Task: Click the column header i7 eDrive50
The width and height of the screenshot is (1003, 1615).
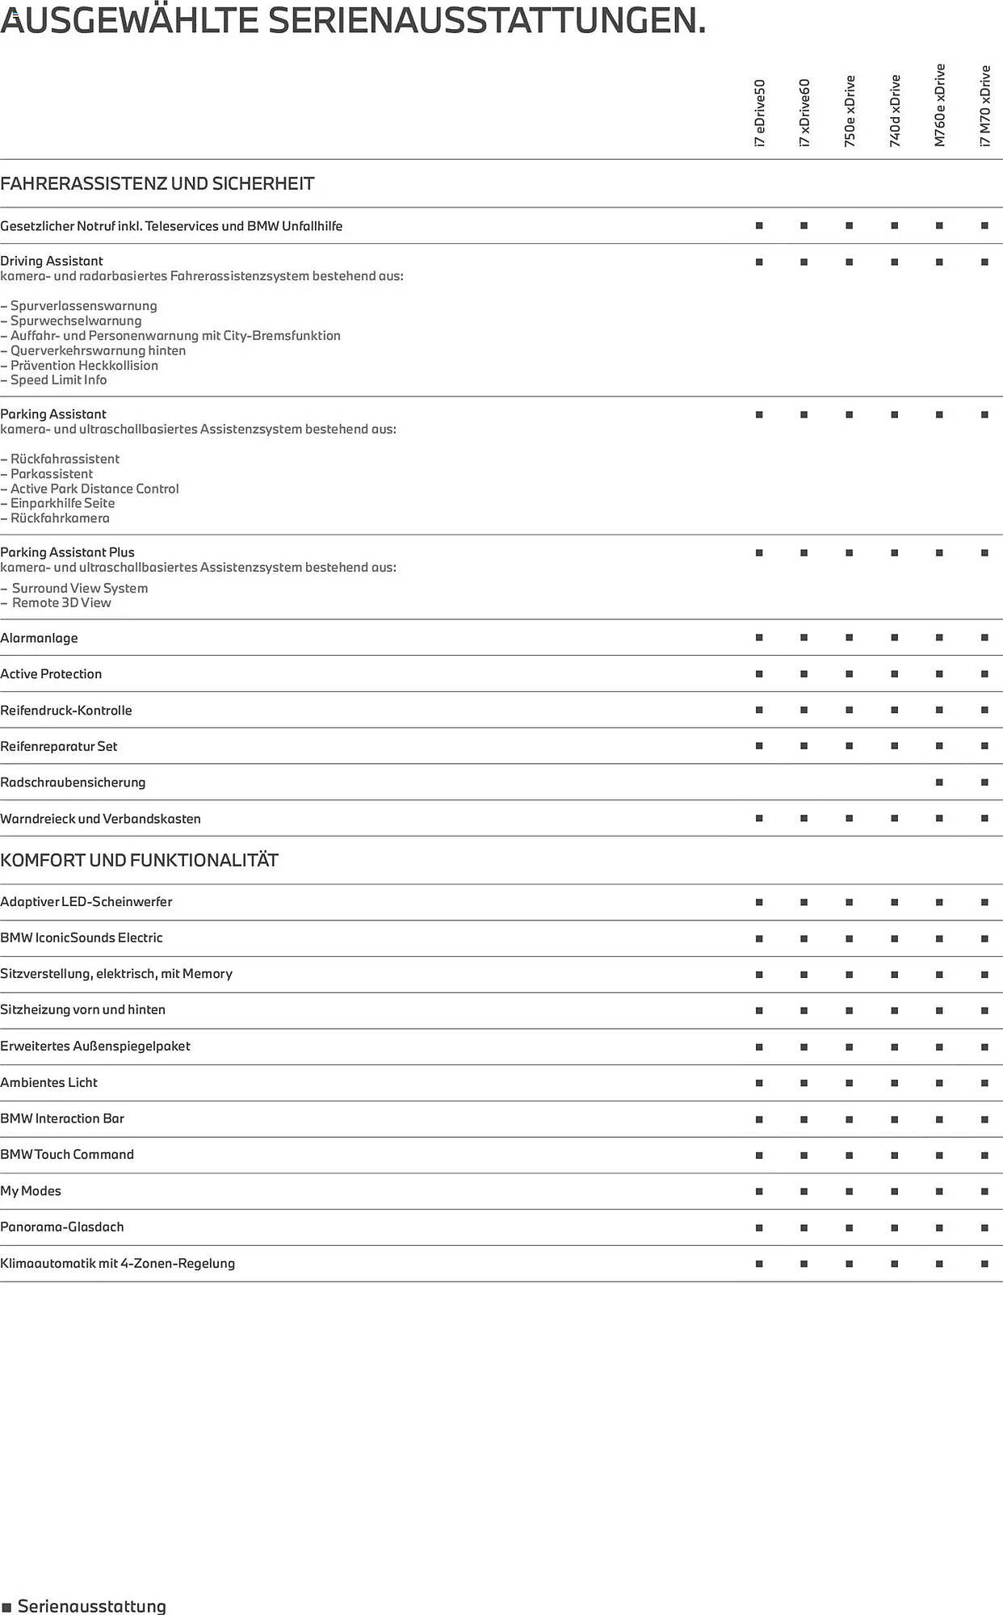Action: click(x=759, y=112)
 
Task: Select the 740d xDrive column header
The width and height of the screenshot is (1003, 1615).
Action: click(x=895, y=111)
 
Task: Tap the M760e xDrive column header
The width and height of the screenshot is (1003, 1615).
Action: click(x=939, y=105)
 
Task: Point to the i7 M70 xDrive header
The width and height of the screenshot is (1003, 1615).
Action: click(x=984, y=106)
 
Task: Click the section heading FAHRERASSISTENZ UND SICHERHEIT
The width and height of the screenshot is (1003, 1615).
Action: click(x=157, y=183)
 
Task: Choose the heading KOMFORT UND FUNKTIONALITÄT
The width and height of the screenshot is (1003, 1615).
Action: click(x=139, y=860)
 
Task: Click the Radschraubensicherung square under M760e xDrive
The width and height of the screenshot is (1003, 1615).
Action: click(x=939, y=782)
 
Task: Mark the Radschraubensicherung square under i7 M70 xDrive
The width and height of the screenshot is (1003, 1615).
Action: click(x=984, y=782)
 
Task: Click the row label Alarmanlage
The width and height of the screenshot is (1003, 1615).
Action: click(x=40, y=638)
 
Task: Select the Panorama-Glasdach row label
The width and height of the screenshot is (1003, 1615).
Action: click(x=62, y=1227)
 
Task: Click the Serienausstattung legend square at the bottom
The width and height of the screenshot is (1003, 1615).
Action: click(x=7, y=1607)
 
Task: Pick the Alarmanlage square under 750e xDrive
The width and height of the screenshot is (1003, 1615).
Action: click(x=849, y=638)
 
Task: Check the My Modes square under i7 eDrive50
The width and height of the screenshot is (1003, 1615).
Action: click(x=759, y=1191)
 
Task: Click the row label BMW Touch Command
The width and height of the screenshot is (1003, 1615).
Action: click(x=67, y=1155)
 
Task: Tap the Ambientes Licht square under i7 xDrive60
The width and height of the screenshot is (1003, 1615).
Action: click(x=804, y=1083)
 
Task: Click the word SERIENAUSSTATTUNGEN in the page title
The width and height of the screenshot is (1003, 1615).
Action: click(x=487, y=20)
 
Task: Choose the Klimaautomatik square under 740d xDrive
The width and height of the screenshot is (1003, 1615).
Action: click(x=895, y=1264)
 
